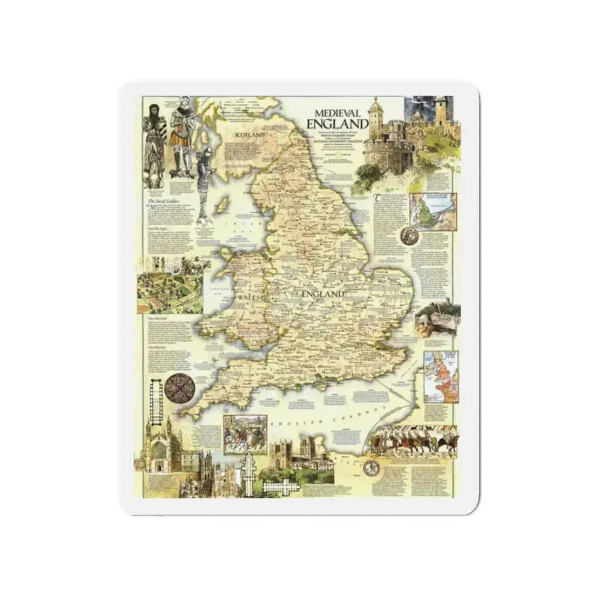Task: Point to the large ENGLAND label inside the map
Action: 323,294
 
